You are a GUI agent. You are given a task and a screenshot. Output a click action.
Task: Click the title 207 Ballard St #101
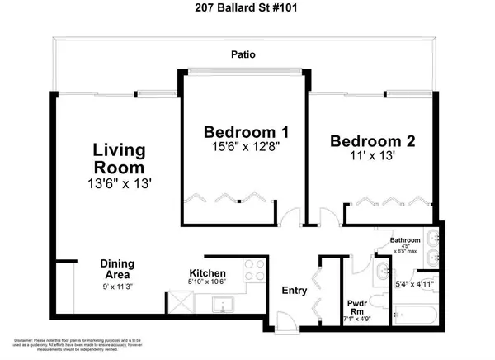pos(247,10)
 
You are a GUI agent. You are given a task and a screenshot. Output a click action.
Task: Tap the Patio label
pos(243,56)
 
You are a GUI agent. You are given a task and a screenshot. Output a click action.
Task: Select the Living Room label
pos(119,160)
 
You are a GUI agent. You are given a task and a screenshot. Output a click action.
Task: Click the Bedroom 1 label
pos(240,132)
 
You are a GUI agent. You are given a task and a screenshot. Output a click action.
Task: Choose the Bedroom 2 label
pos(374,141)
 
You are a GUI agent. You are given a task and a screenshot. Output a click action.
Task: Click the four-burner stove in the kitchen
pos(255,270)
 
